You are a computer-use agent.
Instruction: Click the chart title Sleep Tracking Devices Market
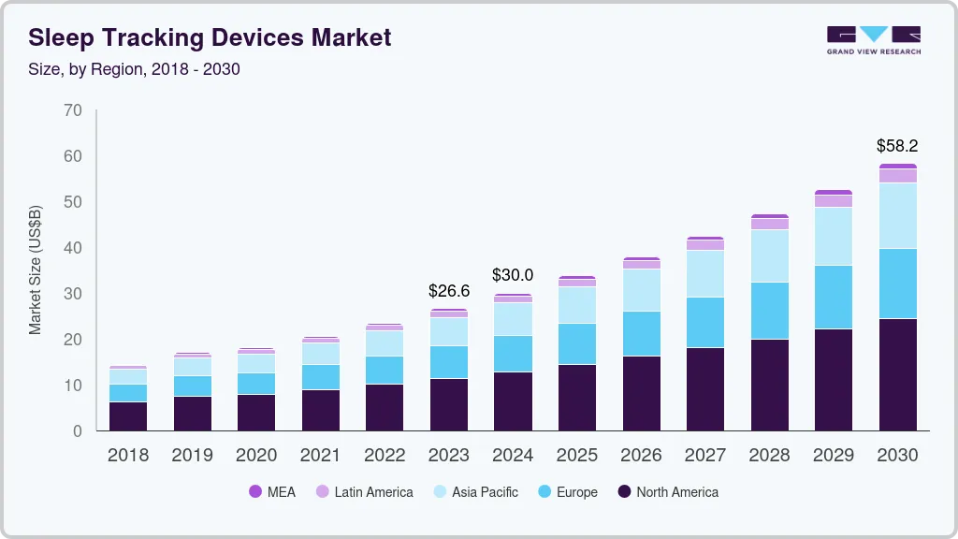pyautogui.click(x=210, y=37)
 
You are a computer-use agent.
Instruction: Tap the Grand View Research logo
pyautogui.click(x=873, y=39)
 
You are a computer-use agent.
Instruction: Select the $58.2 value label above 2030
pyautogui.click(x=897, y=146)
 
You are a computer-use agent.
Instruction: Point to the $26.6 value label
pyautogui.click(x=449, y=291)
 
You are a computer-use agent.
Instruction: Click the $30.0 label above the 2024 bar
pyautogui.click(x=513, y=275)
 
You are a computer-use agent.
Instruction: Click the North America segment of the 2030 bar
pyautogui.click(x=897, y=374)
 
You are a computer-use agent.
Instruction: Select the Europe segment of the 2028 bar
pyautogui.click(x=769, y=310)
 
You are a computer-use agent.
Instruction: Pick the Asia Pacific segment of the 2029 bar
pyautogui.click(x=834, y=236)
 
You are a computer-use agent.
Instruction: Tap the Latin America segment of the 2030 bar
pyautogui.click(x=897, y=175)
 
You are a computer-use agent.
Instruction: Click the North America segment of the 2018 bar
pyautogui.click(x=128, y=415)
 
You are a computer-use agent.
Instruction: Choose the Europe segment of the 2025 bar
pyautogui.click(x=577, y=343)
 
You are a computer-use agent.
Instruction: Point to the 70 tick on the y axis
pyautogui.click(x=73, y=110)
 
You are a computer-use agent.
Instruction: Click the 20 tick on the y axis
pyautogui.click(x=73, y=340)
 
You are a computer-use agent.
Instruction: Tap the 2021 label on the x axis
pyautogui.click(x=321, y=455)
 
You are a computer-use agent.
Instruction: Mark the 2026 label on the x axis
pyautogui.click(x=641, y=455)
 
